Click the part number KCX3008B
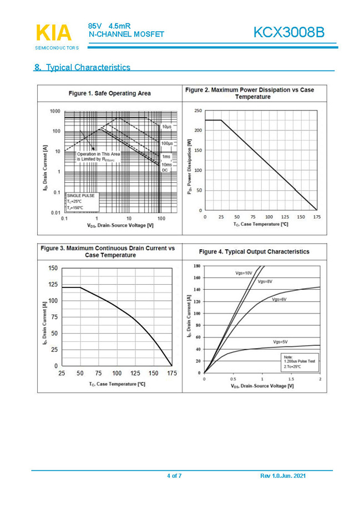click(x=288, y=33)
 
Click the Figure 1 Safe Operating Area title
click(x=109, y=93)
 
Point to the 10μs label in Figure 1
click(x=166, y=127)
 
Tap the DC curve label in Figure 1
click(x=165, y=170)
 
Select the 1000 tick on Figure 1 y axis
click(x=55, y=111)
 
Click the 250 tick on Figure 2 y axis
click(x=198, y=110)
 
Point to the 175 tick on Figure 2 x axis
click(x=317, y=217)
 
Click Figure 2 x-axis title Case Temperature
click(x=261, y=224)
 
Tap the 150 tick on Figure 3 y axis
click(x=53, y=268)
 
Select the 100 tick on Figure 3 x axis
click(x=117, y=374)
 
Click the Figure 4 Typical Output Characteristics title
click(x=254, y=251)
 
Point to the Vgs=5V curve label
click(x=280, y=341)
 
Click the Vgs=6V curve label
click(x=279, y=299)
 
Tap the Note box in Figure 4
click(x=300, y=361)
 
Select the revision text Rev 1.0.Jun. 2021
click(x=282, y=476)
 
